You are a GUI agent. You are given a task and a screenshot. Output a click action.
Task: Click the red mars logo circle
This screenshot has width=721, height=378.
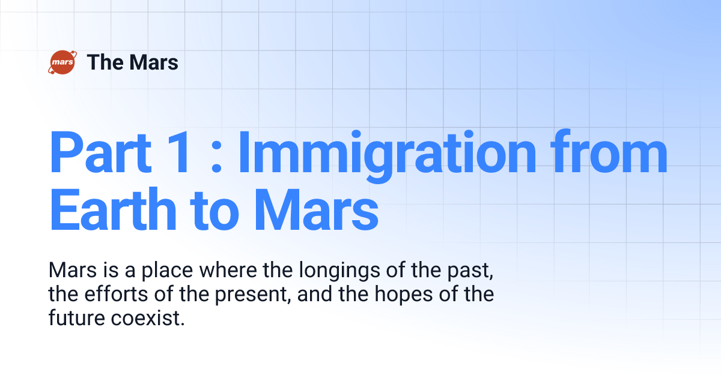click(61, 62)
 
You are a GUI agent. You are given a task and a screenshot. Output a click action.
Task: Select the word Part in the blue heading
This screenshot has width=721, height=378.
click(100, 154)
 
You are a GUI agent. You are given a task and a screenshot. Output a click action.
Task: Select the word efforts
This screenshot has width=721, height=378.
click(114, 295)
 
